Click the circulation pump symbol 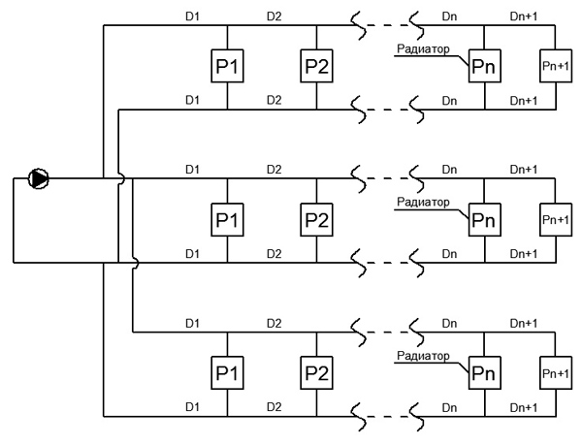point(39,178)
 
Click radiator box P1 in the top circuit point(227,66)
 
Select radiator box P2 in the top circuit point(316,66)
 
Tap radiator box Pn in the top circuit point(485,66)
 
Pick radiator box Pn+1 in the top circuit point(556,66)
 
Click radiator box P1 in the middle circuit point(227,219)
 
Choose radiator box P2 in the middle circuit point(316,219)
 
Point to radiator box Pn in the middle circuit point(485,219)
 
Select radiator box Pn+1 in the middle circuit point(556,219)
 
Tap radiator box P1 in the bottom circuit point(227,373)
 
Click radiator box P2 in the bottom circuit point(316,373)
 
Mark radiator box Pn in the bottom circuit point(485,373)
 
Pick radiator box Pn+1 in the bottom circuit point(556,373)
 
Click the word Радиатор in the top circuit point(423,48)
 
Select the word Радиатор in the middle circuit point(423,202)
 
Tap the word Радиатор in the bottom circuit point(423,356)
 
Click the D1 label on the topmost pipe point(192,16)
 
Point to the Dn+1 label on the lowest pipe point(524,408)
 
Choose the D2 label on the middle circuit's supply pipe point(274,170)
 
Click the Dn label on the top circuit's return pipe point(449,101)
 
